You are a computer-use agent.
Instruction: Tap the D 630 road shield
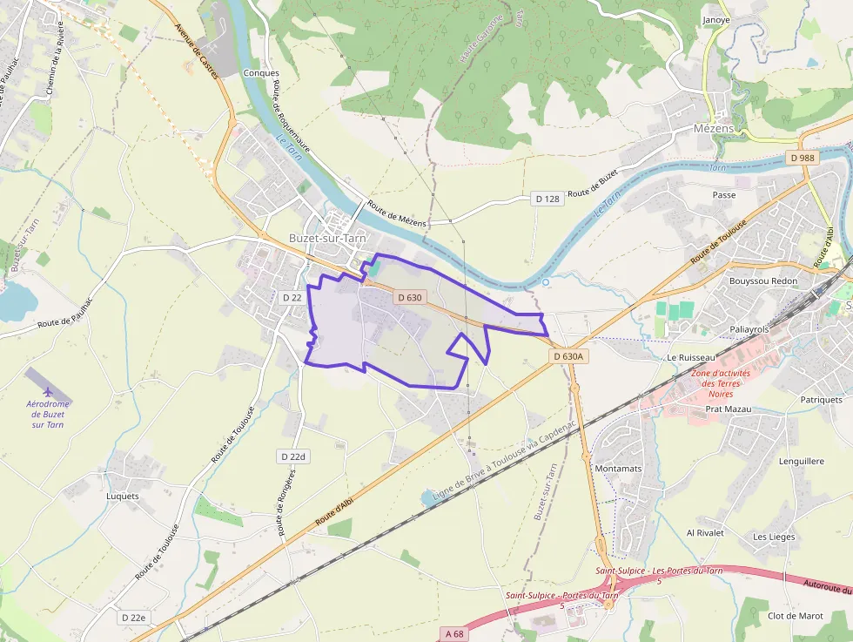[410, 298]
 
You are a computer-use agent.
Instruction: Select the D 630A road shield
[570, 356]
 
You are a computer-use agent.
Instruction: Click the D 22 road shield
[292, 298]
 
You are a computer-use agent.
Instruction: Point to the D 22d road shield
[294, 456]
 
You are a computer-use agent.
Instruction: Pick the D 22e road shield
[134, 618]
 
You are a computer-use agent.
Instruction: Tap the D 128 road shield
[547, 199]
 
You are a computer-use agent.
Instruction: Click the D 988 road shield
[802, 158]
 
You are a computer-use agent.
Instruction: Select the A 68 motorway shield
[452, 633]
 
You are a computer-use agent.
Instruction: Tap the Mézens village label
[714, 127]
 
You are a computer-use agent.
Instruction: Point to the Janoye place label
[715, 19]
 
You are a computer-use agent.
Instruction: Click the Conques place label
[261, 73]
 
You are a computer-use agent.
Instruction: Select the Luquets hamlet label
[122, 497]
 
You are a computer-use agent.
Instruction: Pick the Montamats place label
[618, 469]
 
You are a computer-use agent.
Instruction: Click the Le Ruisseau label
[691, 358]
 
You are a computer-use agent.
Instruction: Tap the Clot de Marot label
[795, 616]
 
